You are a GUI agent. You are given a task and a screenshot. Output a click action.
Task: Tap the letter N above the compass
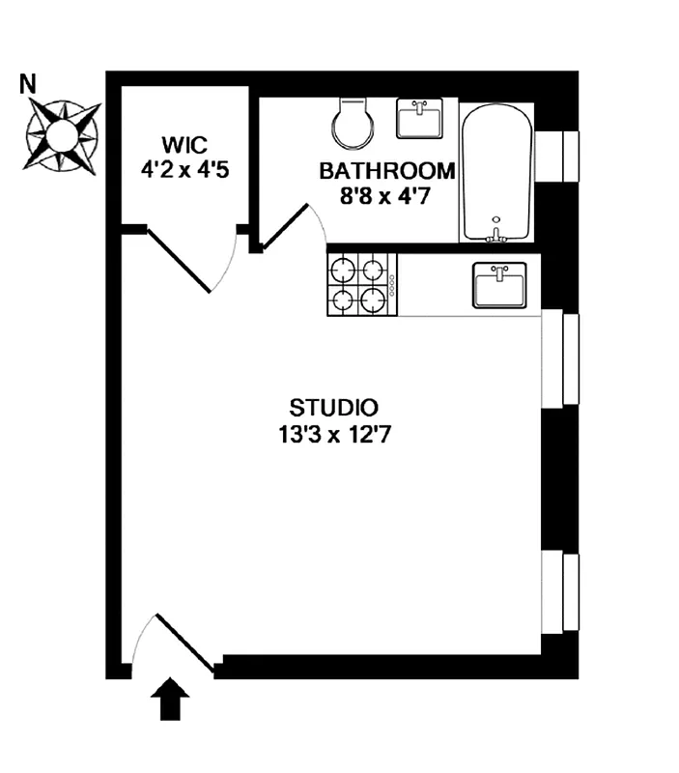[x=29, y=84]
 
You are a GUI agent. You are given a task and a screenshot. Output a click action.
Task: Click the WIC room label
[x=184, y=146]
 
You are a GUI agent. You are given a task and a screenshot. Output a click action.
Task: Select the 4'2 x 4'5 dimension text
[x=184, y=168]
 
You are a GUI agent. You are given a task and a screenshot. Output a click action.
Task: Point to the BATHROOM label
[x=387, y=172]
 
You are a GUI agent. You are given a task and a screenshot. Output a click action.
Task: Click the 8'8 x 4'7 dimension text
[x=387, y=195]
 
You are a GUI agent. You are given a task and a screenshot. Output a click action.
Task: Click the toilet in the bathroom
[x=350, y=123]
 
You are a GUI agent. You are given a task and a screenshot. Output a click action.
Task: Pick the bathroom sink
[x=419, y=119]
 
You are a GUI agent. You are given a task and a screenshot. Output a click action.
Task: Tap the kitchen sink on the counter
[x=499, y=286]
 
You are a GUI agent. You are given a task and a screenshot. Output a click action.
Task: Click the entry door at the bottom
[x=179, y=642]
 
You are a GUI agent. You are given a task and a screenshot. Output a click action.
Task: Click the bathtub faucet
[x=496, y=232]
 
